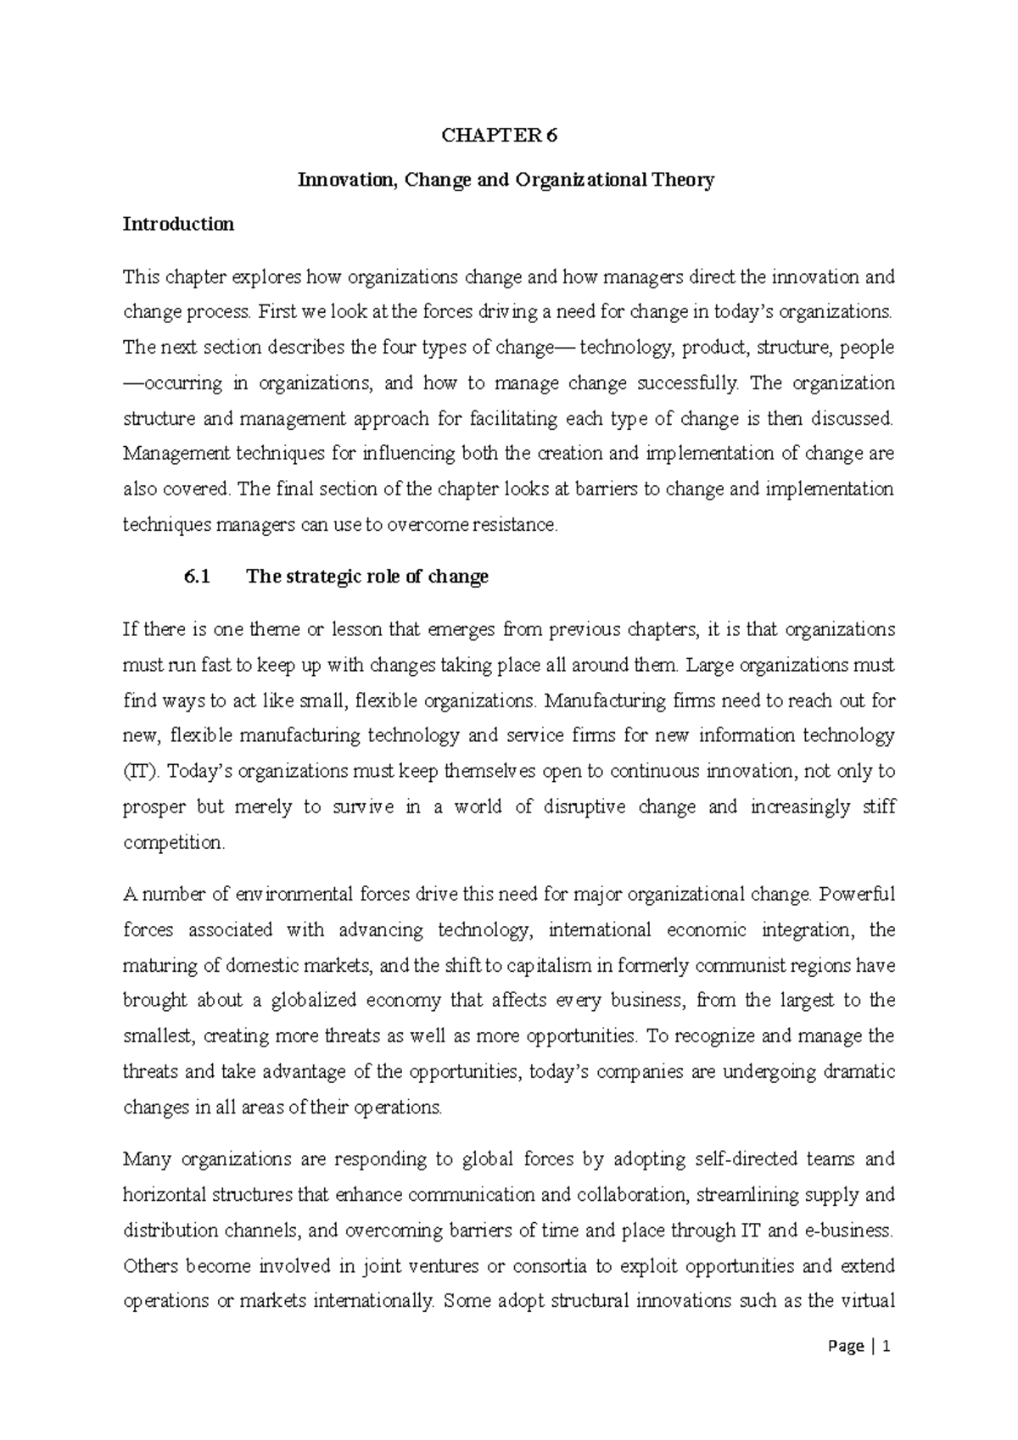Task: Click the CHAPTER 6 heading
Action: coord(508,135)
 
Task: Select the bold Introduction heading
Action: coord(178,225)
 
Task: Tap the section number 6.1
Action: coord(195,578)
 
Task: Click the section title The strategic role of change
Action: coord(366,578)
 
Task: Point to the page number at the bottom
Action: coord(865,1346)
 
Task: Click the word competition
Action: coord(173,843)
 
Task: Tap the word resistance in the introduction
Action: coord(520,525)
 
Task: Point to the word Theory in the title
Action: coord(684,180)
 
